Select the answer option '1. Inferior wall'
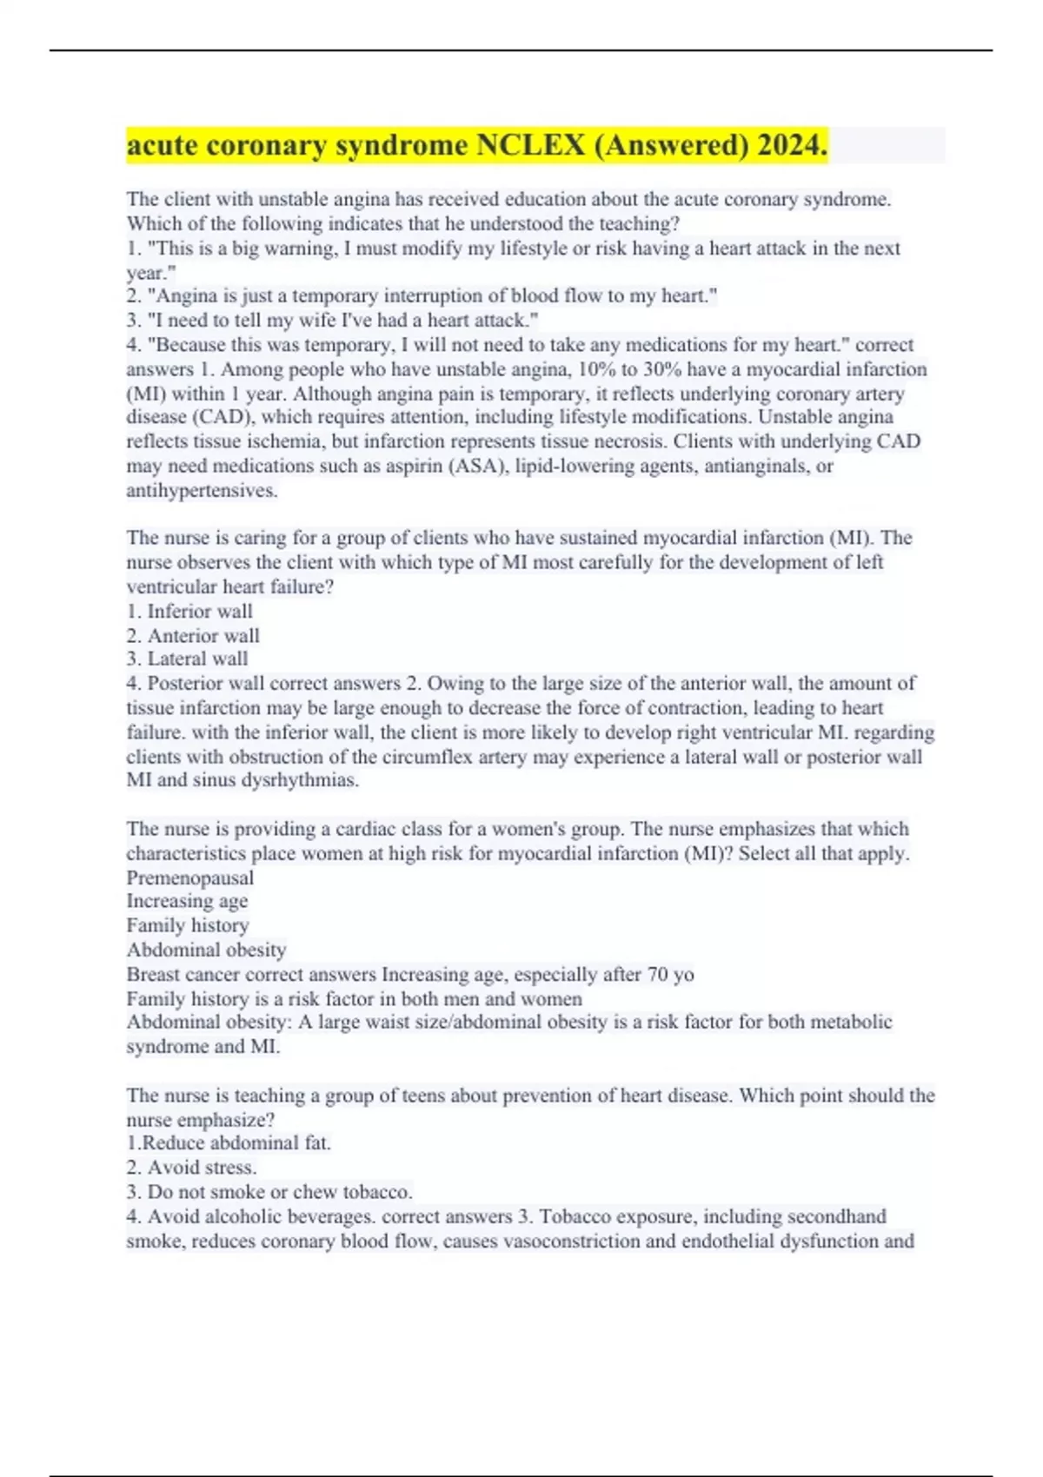click(x=189, y=611)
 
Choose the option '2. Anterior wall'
click(x=193, y=635)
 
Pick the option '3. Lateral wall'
click(x=187, y=659)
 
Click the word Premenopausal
click(x=190, y=878)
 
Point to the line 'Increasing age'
click(x=187, y=901)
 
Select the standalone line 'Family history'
click(x=188, y=925)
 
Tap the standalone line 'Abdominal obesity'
click(x=206, y=950)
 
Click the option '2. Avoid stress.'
click(x=191, y=1167)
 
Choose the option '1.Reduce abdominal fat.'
click(x=229, y=1143)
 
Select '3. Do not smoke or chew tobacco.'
click(x=269, y=1191)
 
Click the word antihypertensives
click(x=202, y=490)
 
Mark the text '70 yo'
click(x=670, y=974)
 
